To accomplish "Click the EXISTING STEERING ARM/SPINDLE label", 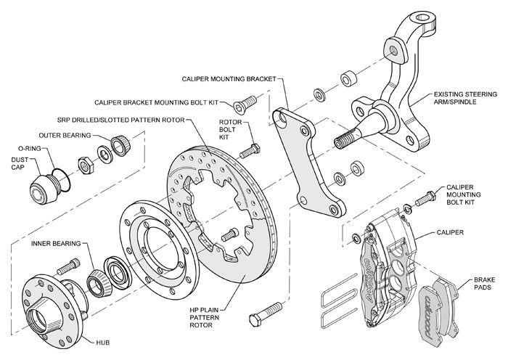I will [x=464, y=99].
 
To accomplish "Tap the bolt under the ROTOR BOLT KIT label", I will [x=251, y=150].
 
